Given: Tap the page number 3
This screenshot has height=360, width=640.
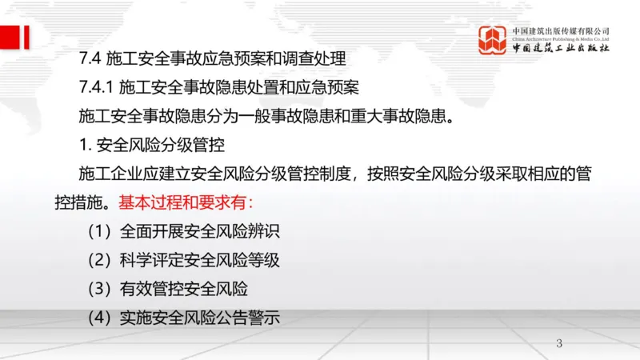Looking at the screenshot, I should point(559,344).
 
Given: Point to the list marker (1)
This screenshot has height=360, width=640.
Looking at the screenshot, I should point(101,231).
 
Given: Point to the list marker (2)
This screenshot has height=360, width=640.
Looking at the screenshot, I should point(101,260).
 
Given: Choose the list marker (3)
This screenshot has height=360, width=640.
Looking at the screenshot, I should point(101,288).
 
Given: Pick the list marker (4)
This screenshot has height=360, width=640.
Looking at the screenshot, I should point(101,317).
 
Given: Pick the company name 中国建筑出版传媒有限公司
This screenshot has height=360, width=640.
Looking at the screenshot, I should point(561,30).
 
